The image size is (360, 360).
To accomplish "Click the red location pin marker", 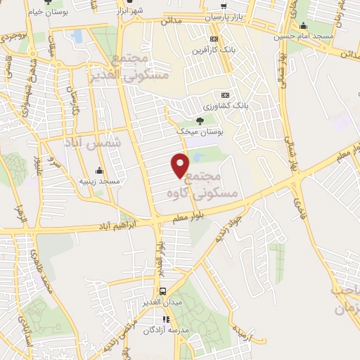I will tap(181, 165).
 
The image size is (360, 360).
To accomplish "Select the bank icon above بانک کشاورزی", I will tap(225, 94).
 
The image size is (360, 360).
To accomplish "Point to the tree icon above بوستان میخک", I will tap(200, 120).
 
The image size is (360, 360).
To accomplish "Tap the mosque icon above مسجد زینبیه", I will tap(100, 170).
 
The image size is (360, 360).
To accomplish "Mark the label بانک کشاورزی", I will tap(225, 105).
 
